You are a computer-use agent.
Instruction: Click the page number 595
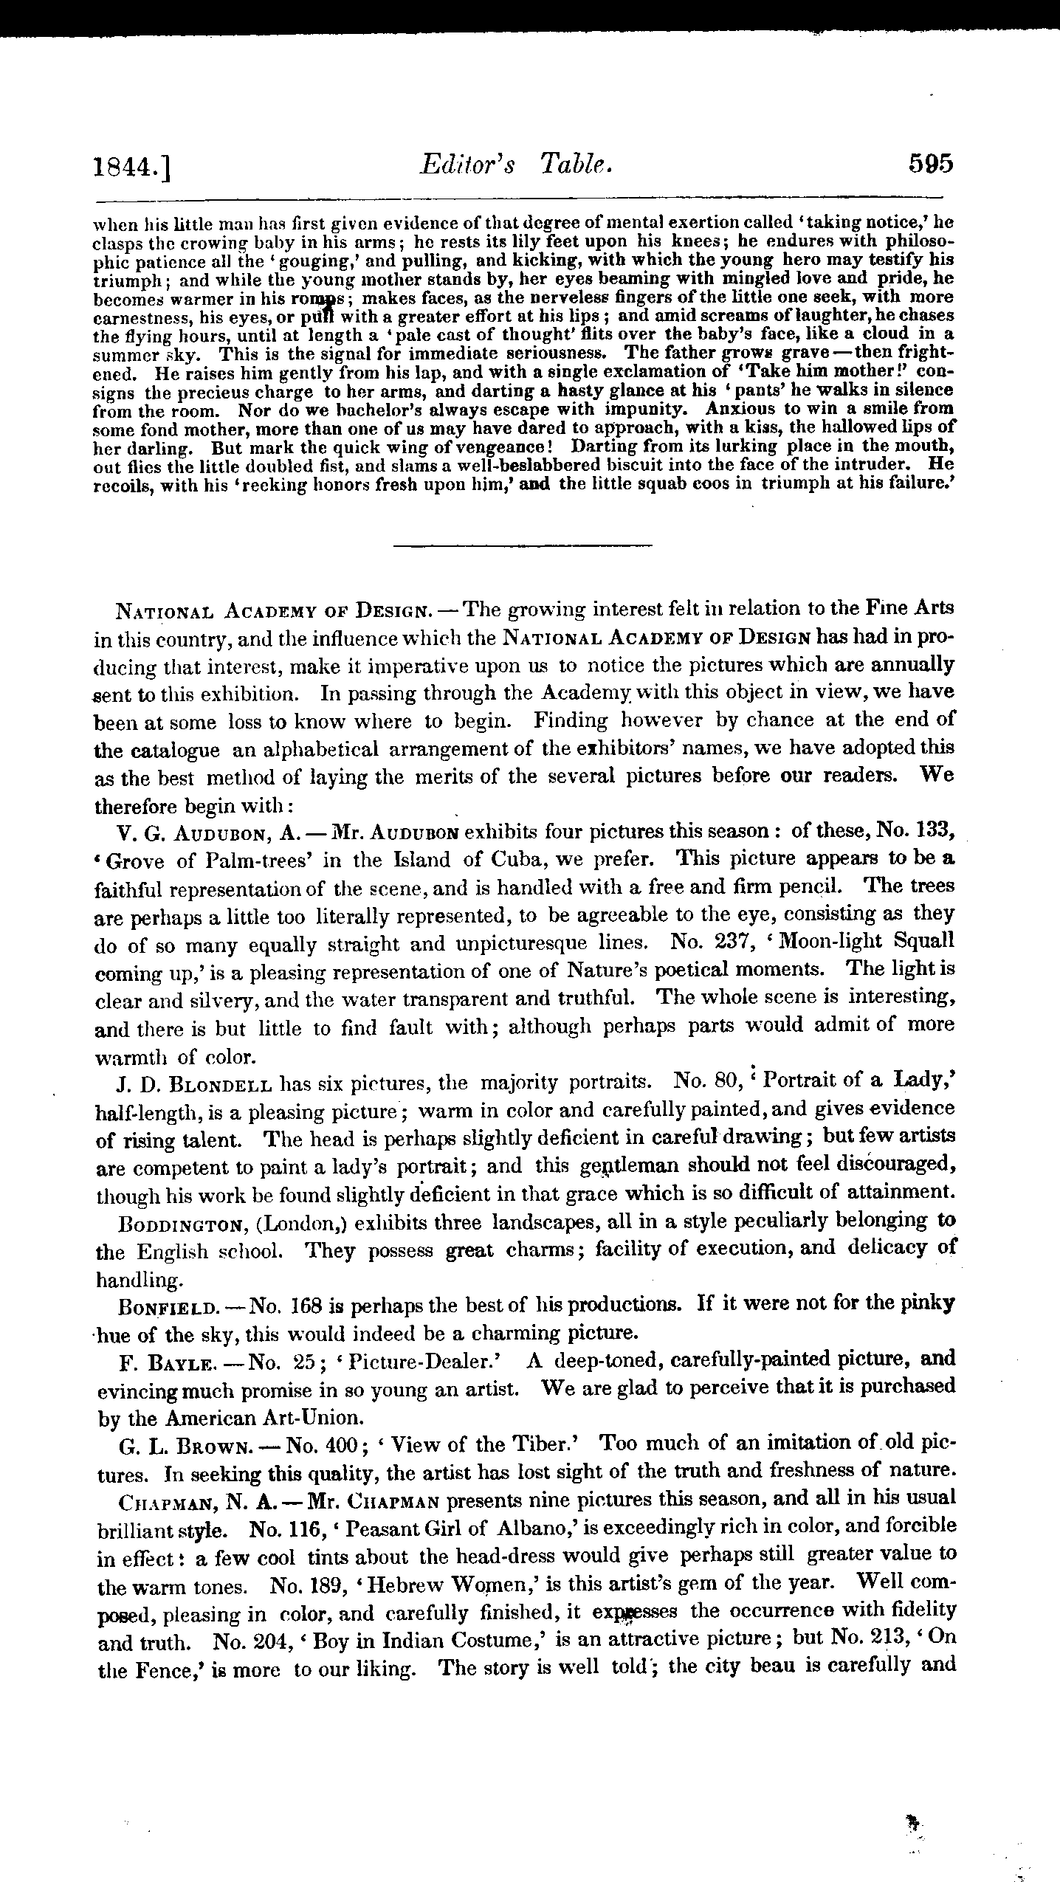tap(931, 162)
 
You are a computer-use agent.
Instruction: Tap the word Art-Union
tap(328, 1418)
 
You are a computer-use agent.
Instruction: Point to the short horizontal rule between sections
tap(523, 546)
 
